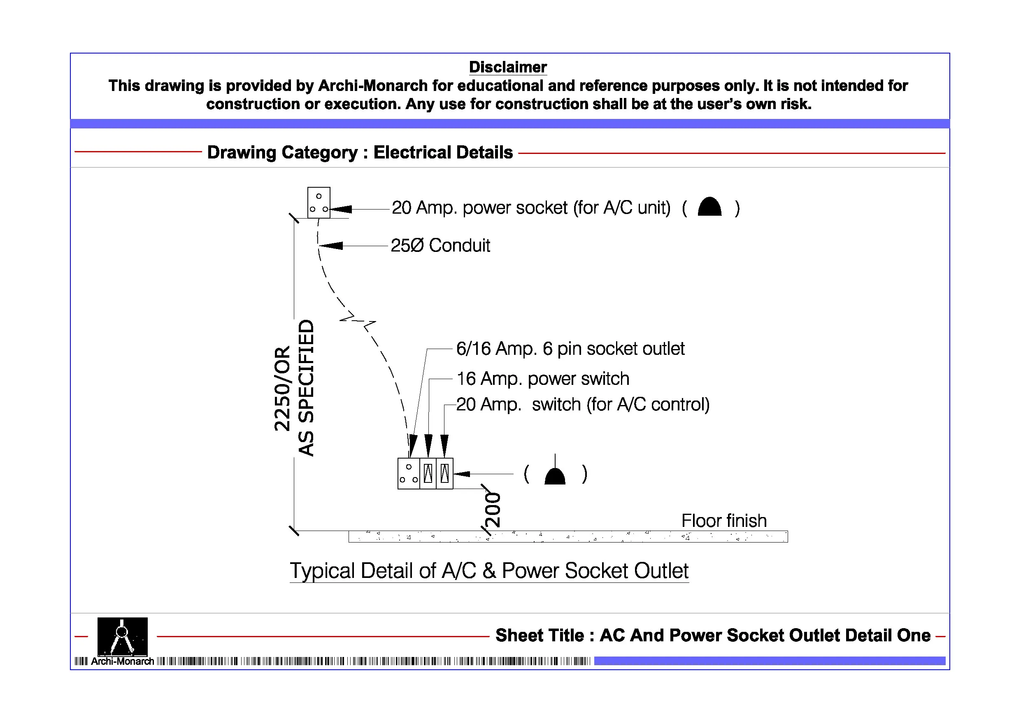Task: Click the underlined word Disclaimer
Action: click(x=507, y=67)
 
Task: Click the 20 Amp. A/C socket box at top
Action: click(x=319, y=203)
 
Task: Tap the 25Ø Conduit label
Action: click(x=440, y=246)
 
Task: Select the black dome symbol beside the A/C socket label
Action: click(x=709, y=207)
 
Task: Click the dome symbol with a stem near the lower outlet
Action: click(x=554, y=475)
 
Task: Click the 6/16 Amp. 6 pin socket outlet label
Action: click(x=570, y=349)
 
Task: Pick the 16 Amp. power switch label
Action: click(x=542, y=379)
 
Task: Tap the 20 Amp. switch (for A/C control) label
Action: click(x=583, y=404)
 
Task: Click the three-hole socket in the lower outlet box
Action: click(x=408, y=474)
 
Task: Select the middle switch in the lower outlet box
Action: click(x=428, y=474)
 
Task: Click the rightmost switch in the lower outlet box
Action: click(x=444, y=474)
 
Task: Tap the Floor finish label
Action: click(x=723, y=520)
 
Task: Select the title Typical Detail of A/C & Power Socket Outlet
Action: click(x=489, y=571)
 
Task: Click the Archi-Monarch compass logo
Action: click(x=122, y=636)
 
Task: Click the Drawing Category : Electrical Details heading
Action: click(x=360, y=153)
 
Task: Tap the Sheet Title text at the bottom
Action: click(x=712, y=635)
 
